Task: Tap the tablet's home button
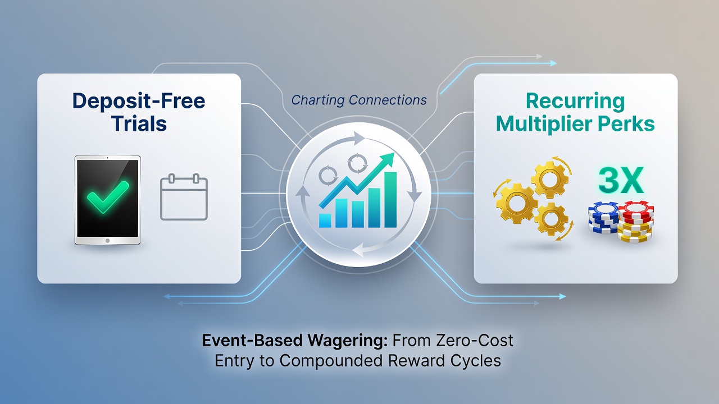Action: click(x=107, y=241)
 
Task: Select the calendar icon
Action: click(x=184, y=197)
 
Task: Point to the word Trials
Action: click(x=139, y=123)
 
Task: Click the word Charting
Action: click(x=318, y=100)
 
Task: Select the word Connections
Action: click(x=388, y=100)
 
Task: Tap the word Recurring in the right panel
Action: click(x=575, y=102)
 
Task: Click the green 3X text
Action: click(x=621, y=180)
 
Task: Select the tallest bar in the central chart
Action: click(x=390, y=200)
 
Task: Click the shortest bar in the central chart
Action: click(x=325, y=221)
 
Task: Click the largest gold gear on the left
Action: click(x=516, y=203)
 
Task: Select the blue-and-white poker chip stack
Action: click(x=603, y=218)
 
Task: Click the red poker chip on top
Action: click(x=636, y=209)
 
